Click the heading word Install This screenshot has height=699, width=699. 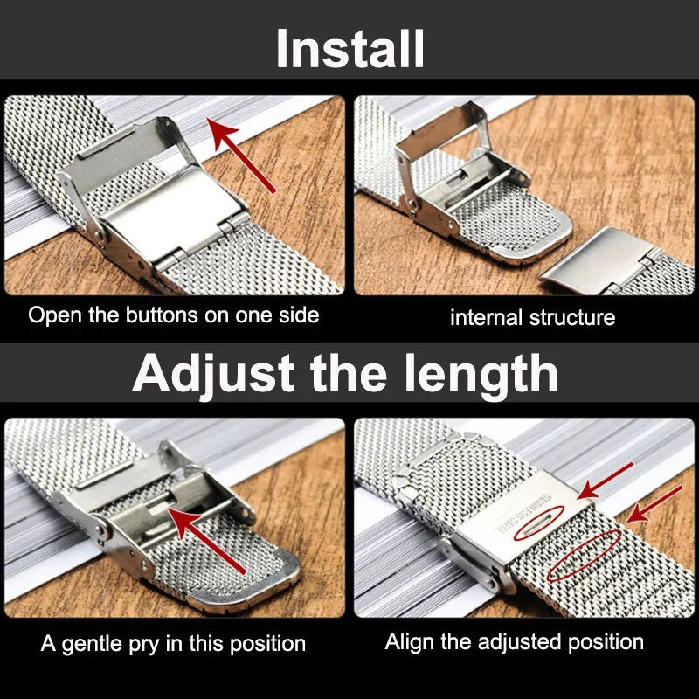coord(350,48)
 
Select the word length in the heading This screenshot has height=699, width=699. coord(481,374)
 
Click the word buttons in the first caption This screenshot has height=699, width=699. coord(162,315)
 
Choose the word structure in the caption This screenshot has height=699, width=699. coord(572,317)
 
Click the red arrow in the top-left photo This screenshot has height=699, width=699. coord(241,156)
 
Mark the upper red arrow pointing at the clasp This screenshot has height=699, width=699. coord(605,481)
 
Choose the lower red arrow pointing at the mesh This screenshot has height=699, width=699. coord(654,504)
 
